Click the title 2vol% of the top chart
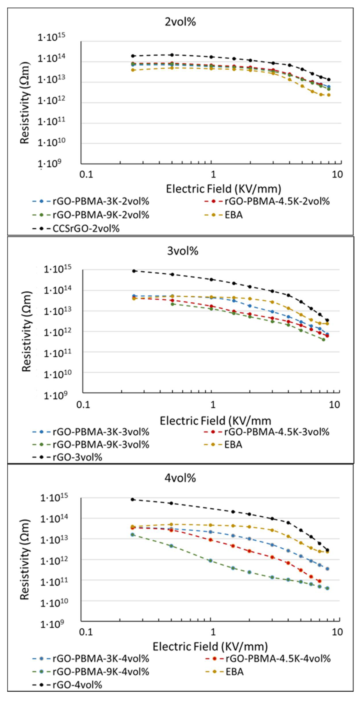tap(180, 22)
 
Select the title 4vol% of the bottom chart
tap(180, 478)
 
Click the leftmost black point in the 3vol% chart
tap(134, 271)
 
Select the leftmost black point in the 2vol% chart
tap(133, 56)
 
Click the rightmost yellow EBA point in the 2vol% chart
tap(329, 95)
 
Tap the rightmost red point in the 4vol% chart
tap(319, 581)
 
